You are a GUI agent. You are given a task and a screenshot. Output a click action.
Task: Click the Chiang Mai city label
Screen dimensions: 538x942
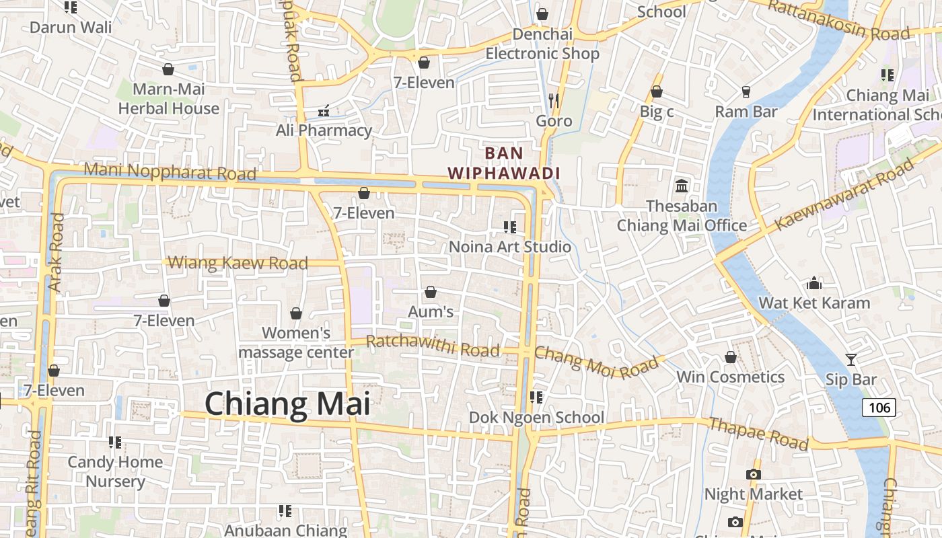[x=287, y=404]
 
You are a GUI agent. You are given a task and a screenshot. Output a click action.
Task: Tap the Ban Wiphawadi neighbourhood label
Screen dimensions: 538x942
[x=504, y=163]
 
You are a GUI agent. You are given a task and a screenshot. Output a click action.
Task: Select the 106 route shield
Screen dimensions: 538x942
[x=879, y=407]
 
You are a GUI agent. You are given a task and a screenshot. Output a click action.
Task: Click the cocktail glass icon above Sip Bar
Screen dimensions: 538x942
[x=851, y=360]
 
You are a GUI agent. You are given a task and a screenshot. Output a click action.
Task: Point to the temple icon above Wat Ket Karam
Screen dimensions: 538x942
[x=814, y=282]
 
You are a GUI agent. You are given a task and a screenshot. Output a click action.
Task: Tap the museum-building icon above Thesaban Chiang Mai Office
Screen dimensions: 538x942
[x=682, y=186]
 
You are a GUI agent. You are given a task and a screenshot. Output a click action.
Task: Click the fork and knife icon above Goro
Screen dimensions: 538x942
[x=554, y=101]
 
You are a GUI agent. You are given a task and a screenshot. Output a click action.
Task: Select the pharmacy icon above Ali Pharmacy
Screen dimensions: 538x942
[x=324, y=110]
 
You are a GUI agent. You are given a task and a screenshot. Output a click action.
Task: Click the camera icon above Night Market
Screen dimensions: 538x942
[x=754, y=474]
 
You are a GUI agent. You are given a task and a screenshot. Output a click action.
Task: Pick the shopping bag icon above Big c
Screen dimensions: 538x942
[x=656, y=91]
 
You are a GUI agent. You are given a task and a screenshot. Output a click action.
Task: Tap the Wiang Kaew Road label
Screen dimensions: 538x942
[x=238, y=262]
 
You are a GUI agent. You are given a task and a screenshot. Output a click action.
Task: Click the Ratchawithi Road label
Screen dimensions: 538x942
[x=433, y=346]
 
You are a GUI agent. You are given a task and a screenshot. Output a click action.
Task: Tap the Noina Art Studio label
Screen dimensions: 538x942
[x=510, y=246]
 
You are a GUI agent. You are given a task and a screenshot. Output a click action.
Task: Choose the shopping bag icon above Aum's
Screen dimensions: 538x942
[x=431, y=292]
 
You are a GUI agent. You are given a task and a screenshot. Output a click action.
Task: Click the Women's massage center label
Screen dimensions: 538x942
[x=296, y=342]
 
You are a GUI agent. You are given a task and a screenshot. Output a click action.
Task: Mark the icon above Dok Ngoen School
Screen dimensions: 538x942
[x=536, y=397]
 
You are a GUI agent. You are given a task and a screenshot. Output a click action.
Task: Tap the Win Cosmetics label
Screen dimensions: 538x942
[x=730, y=377]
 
